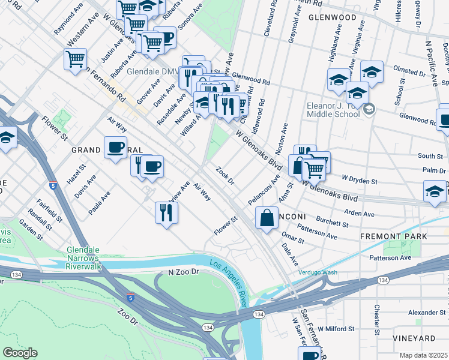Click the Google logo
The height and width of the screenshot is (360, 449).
[20, 353]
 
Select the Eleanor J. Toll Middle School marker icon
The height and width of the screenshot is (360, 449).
[369, 109]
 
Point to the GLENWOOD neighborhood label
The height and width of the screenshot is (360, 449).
[333, 18]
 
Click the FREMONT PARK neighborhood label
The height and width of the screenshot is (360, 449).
[394, 236]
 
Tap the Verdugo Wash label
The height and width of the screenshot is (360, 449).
[318, 272]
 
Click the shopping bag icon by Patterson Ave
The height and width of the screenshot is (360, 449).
[267, 218]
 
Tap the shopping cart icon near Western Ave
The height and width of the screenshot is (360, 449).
[75, 59]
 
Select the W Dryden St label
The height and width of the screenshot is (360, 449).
[359, 179]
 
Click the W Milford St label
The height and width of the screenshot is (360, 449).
[338, 329]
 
